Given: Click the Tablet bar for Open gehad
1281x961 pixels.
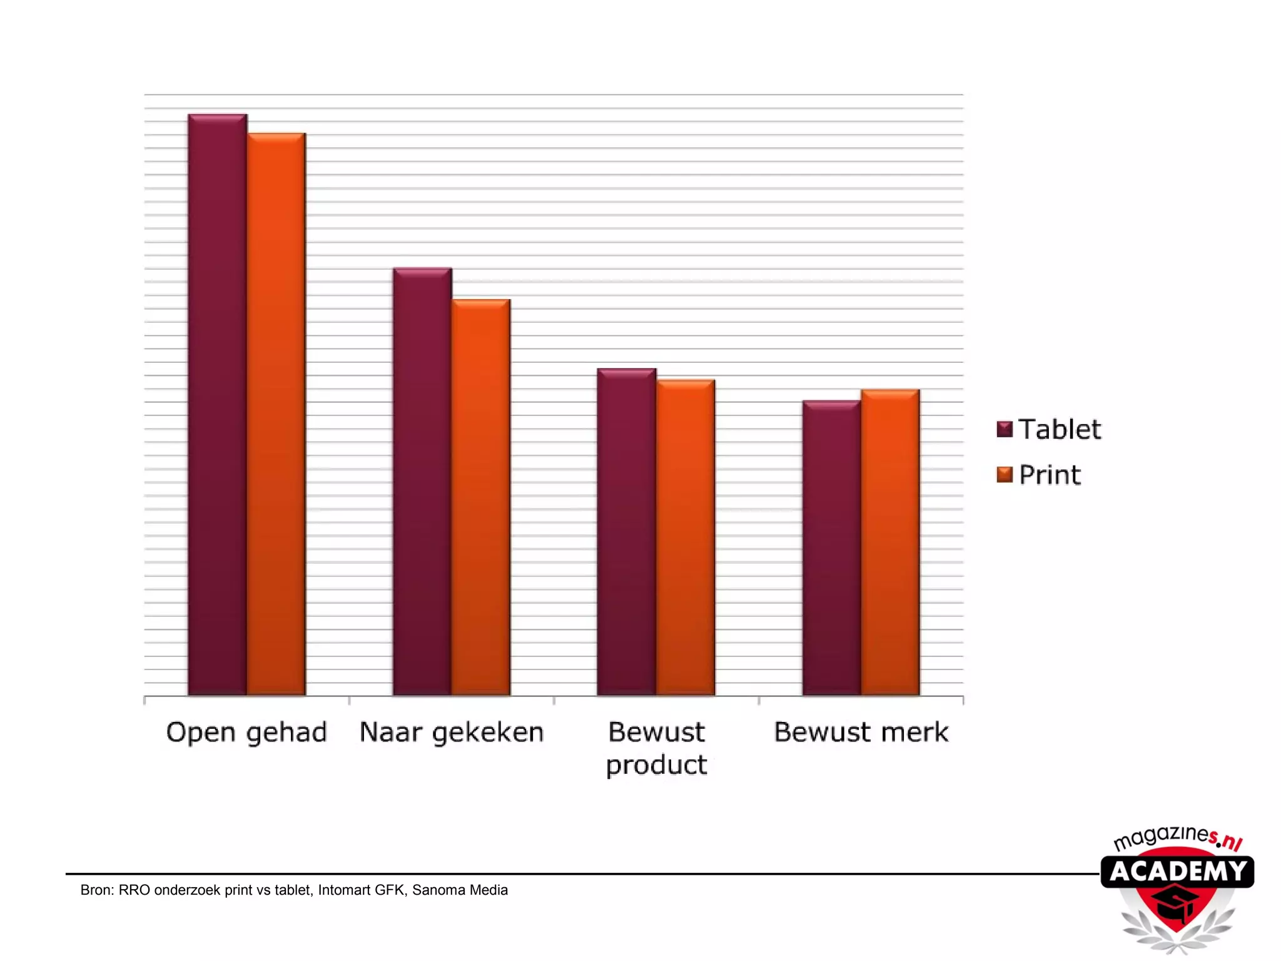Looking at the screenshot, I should [x=217, y=405].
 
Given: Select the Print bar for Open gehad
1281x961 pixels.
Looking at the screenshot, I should [x=276, y=414].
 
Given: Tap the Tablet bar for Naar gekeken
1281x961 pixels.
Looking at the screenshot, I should [x=422, y=482].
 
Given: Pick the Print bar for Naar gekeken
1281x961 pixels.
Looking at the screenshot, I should [x=481, y=497].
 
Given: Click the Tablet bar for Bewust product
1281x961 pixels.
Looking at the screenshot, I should [x=626, y=532].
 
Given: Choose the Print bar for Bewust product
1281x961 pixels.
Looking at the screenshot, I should [x=686, y=537].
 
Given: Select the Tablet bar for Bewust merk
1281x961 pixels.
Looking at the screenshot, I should [x=831, y=548].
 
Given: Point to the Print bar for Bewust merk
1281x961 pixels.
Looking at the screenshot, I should [x=890, y=542].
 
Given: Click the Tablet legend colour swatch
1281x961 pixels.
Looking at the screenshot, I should [x=1004, y=429].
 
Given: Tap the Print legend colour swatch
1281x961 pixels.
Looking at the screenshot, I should [x=1004, y=475].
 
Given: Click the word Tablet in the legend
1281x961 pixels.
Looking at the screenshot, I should [x=1060, y=429].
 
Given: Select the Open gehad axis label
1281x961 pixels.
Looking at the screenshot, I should [x=246, y=732].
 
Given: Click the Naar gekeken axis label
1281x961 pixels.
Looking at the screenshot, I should [x=452, y=732].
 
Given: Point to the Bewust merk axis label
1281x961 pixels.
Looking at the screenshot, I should [x=861, y=732].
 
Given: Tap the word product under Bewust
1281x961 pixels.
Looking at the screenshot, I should [x=656, y=765].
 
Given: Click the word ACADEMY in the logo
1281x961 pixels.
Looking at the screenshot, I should [x=1177, y=872].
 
